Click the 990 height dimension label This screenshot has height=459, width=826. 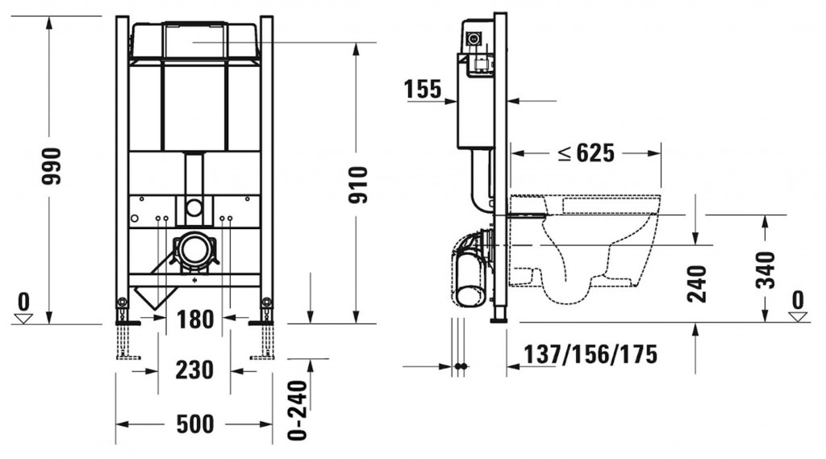(52, 166)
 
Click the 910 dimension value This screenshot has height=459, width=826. (358, 185)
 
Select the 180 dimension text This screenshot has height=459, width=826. (195, 319)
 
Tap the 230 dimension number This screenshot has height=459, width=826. (194, 370)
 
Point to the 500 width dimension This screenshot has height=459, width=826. (195, 424)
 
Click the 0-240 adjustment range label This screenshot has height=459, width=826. (298, 410)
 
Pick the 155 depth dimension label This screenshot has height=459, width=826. (423, 89)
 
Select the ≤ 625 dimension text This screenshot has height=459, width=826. (586, 153)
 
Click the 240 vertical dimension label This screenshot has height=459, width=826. (697, 283)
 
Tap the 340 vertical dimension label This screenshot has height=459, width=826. (766, 270)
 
